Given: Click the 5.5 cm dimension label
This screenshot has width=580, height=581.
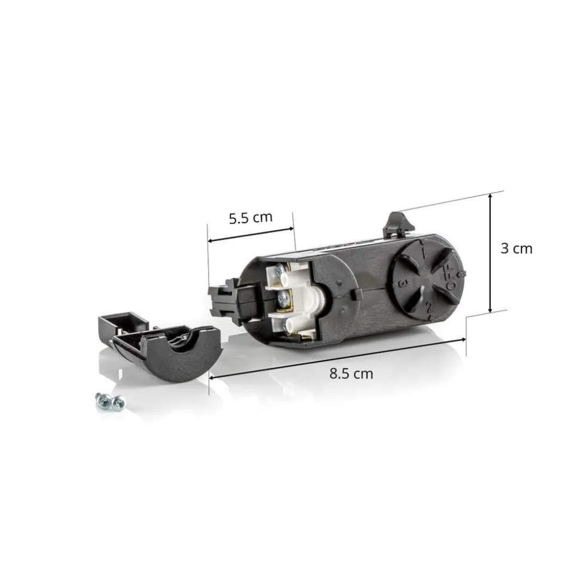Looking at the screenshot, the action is (x=251, y=218).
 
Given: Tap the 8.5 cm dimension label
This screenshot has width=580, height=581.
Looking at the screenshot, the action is (x=351, y=373).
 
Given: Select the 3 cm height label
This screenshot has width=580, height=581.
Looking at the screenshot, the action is (x=516, y=248).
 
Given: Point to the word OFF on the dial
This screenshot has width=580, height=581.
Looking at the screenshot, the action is (x=450, y=277).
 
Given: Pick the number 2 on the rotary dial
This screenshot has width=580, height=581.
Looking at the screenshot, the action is (x=429, y=307).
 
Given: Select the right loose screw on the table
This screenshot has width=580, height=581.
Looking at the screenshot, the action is (x=118, y=402).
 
